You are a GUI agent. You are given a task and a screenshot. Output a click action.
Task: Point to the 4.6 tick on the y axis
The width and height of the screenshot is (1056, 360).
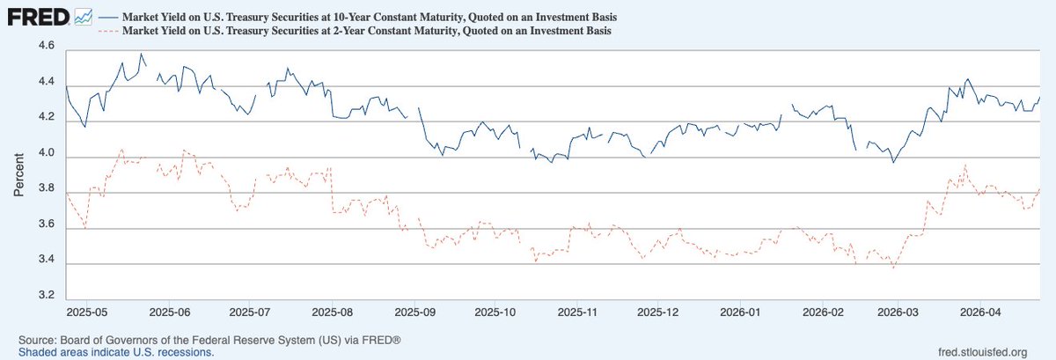click(x=45, y=46)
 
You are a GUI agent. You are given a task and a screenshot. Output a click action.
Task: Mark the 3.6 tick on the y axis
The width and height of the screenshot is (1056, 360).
click(x=45, y=224)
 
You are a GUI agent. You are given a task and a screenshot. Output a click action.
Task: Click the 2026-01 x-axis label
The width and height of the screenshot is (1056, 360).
click(x=739, y=312)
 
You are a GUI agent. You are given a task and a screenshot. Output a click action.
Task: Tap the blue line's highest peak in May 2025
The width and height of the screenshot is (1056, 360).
click(x=141, y=54)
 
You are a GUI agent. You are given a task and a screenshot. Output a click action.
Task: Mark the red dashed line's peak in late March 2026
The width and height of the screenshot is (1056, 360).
click(x=965, y=165)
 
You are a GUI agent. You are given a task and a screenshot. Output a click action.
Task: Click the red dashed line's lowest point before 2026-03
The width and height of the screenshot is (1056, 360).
click(x=894, y=268)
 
